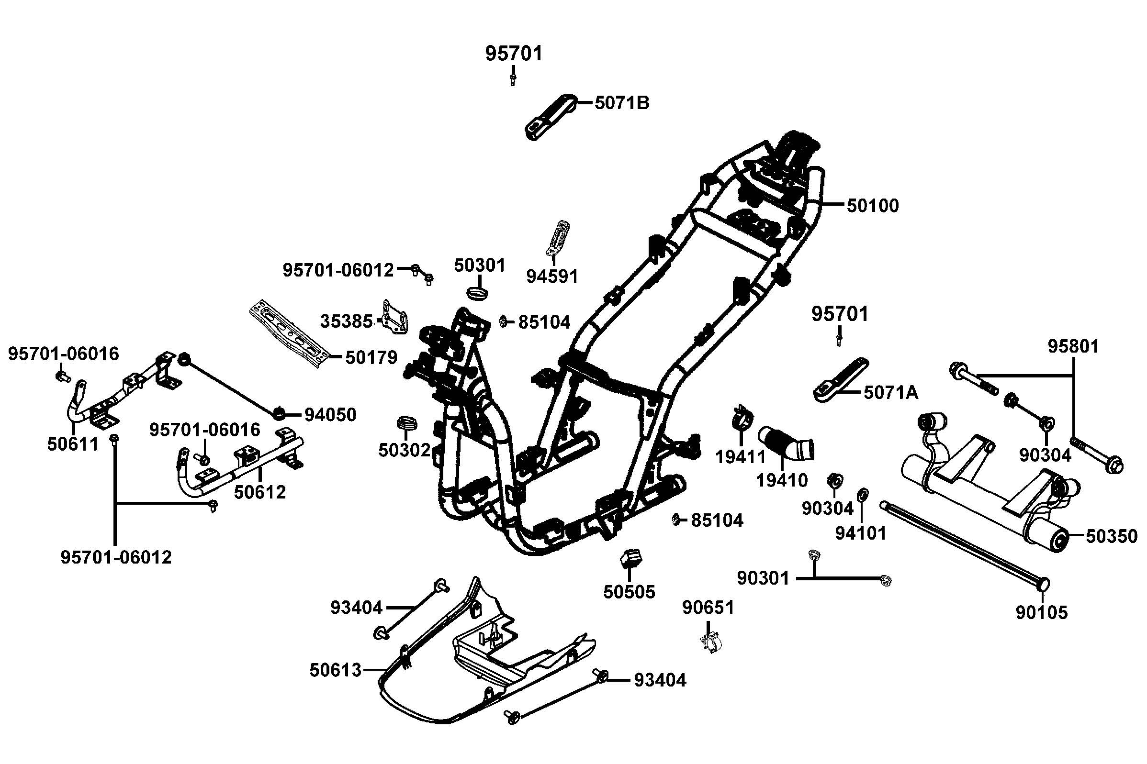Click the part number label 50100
872,206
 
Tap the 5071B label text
621,103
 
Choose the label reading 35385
346,321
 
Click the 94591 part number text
552,276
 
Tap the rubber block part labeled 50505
630,558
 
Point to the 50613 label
336,670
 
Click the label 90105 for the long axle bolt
1041,612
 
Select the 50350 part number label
1112,536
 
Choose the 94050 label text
330,415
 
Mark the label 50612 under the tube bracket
260,492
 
